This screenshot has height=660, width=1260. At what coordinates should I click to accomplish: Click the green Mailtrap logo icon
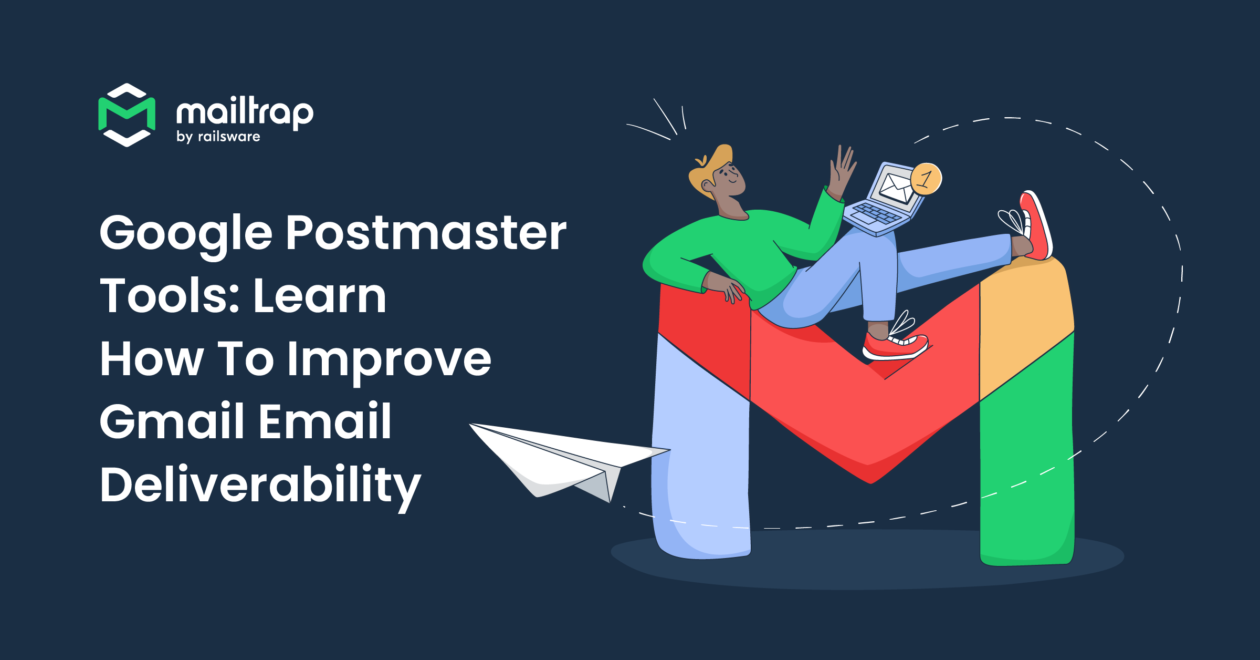127,115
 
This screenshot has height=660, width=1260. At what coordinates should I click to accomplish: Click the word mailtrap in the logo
245,112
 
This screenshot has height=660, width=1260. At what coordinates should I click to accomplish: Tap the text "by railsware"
218,137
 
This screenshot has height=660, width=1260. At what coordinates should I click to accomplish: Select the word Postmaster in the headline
426,233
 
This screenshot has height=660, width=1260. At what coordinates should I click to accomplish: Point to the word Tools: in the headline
171,296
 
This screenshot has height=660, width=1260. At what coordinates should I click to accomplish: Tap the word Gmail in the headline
171,421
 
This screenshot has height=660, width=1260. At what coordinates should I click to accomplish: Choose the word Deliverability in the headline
260,485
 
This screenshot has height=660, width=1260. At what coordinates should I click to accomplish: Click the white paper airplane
562,457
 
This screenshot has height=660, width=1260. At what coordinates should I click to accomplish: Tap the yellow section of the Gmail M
1024,315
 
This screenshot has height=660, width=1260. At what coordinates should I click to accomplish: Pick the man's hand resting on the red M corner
727,286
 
